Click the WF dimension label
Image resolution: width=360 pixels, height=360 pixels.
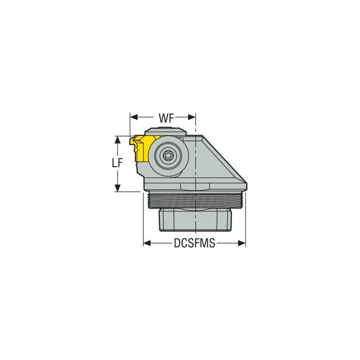[x=163, y=118]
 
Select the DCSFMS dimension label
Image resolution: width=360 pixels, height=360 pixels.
[x=194, y=243]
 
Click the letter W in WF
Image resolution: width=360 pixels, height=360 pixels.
[x=160, y=118]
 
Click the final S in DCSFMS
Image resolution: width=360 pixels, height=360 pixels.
[x=212, y=243]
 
